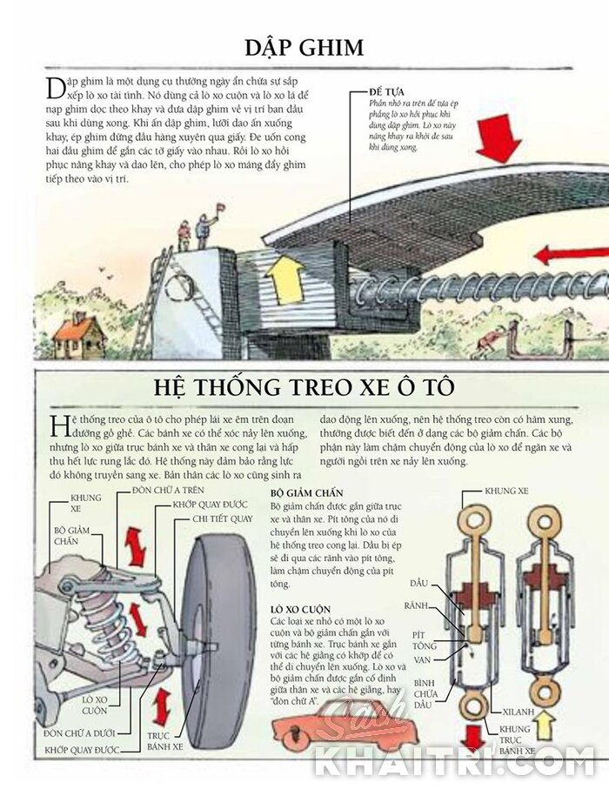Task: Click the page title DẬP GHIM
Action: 304,48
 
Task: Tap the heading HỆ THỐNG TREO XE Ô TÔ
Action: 304,386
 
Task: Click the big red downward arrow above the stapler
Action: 499,142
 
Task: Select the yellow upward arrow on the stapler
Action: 284,278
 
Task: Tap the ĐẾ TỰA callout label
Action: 386,92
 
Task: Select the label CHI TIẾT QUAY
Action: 223,518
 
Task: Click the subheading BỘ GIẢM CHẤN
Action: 306,493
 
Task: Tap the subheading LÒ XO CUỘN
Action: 300,609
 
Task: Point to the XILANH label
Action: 519,712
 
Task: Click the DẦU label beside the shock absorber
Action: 418,583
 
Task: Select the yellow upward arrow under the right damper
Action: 544,724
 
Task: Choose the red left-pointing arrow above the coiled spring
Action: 571,256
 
